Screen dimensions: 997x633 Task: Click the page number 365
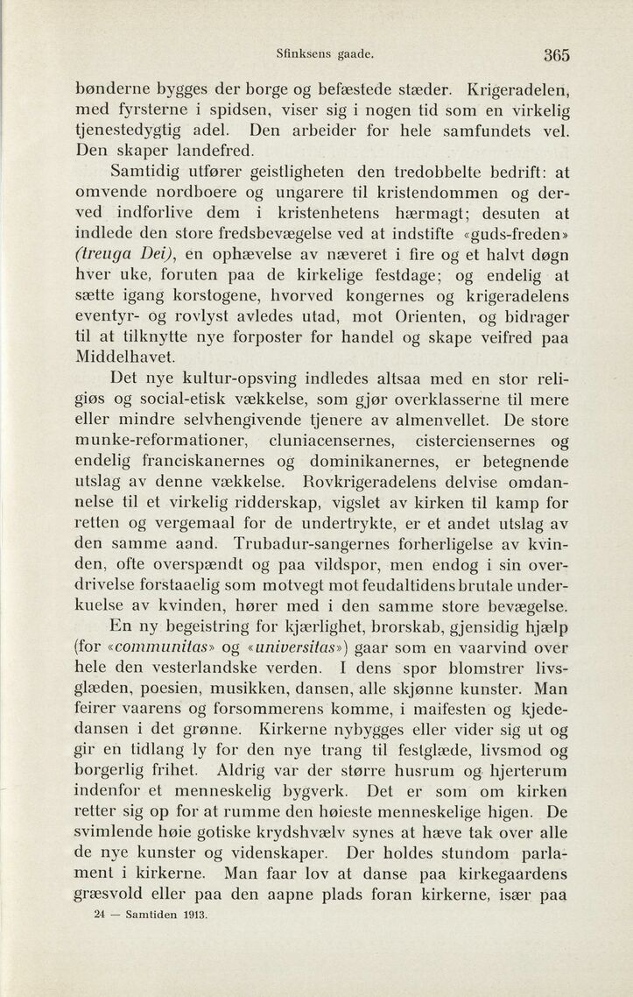[555, 54]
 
